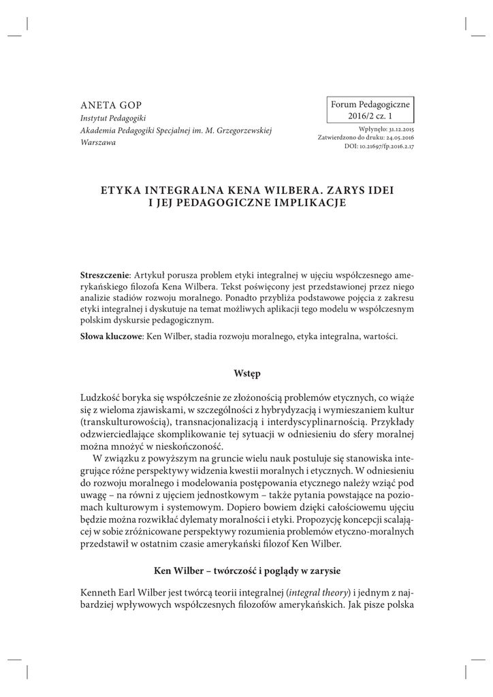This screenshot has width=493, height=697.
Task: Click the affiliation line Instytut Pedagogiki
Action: [x=110, y=117]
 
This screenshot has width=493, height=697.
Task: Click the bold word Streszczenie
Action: [x=106, y=273]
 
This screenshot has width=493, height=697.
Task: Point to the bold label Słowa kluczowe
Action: [x=111, y=336]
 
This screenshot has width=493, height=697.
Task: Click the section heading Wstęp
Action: [x=246, y=374]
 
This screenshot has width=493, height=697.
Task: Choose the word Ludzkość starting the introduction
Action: [x=104, y=398]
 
